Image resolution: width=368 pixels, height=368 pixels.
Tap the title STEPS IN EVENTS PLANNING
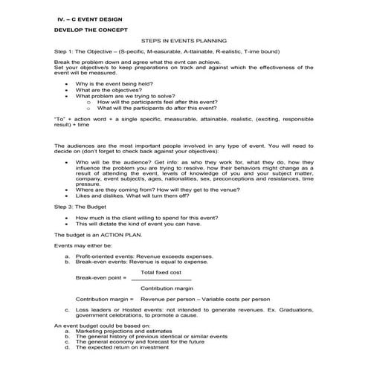coord(184,42)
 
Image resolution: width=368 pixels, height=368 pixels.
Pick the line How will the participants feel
coord(170,101)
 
